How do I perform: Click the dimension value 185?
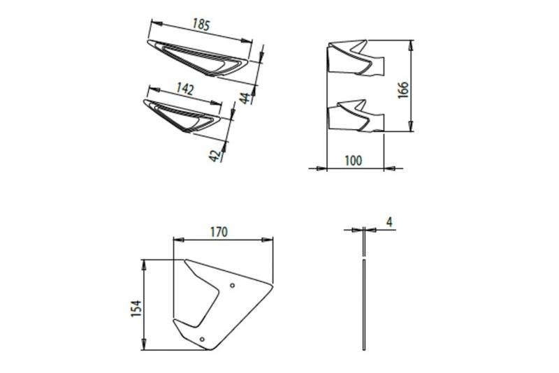[x=201, y=24]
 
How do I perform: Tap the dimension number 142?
[x=184, y=89]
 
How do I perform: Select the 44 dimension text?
[x=245, y=98]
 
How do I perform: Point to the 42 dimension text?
[x=215, y=156]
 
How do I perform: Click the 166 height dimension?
[x=403, y=90]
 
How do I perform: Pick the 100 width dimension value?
[x=354, y=161]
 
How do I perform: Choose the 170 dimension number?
[x=219, y=233]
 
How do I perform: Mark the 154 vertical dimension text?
[x=136, y=309]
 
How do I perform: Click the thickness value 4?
[x=389, y=222]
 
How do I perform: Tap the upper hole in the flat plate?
[x=233, y=285]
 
